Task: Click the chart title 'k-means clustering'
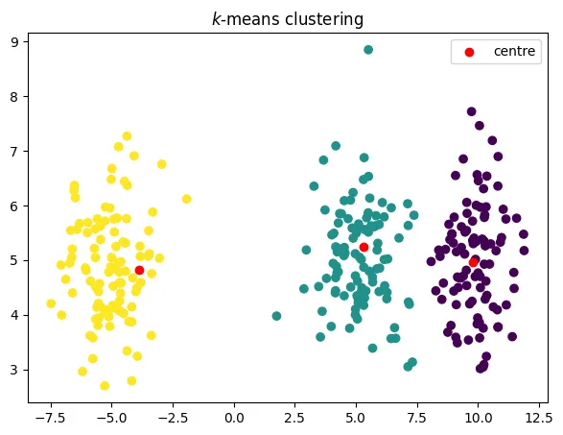pos(288,18)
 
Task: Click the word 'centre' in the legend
pos(514,51)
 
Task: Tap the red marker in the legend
pos(469,51)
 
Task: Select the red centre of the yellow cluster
pos(139,271)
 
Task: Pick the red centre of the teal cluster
pos(364,247)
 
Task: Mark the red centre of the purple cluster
pos(474,261)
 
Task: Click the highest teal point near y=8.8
pos(368,50)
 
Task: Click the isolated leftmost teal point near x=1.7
pos(276,316)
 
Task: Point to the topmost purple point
pos(471,111)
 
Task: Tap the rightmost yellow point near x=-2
pos(187,199)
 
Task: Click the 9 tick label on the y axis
pos(15,42)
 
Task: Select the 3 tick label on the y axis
pos(15,370)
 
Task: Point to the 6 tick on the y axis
pos(15,205)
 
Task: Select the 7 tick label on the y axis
pos(15,151)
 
